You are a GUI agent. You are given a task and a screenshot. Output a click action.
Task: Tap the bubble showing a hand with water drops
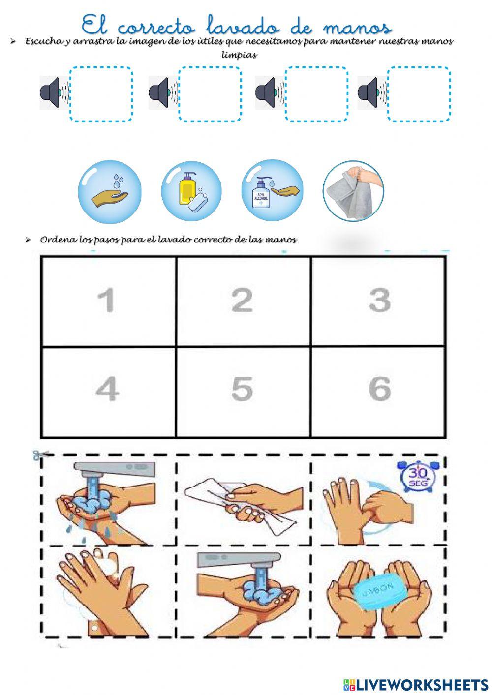click(110, 192)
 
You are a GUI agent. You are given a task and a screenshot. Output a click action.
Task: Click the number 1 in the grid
click(106, 300)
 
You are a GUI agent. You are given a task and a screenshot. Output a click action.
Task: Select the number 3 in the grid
click(379, 300)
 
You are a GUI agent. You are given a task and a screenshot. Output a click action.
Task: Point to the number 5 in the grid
click(242, 389)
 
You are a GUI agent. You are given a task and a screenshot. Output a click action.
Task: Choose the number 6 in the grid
click(380, 389)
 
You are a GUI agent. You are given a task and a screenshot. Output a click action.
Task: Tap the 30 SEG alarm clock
click(419, 477)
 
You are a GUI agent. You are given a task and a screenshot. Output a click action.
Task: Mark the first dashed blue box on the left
click(101, 94)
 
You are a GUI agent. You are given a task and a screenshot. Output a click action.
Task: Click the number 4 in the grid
click(107, 389)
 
